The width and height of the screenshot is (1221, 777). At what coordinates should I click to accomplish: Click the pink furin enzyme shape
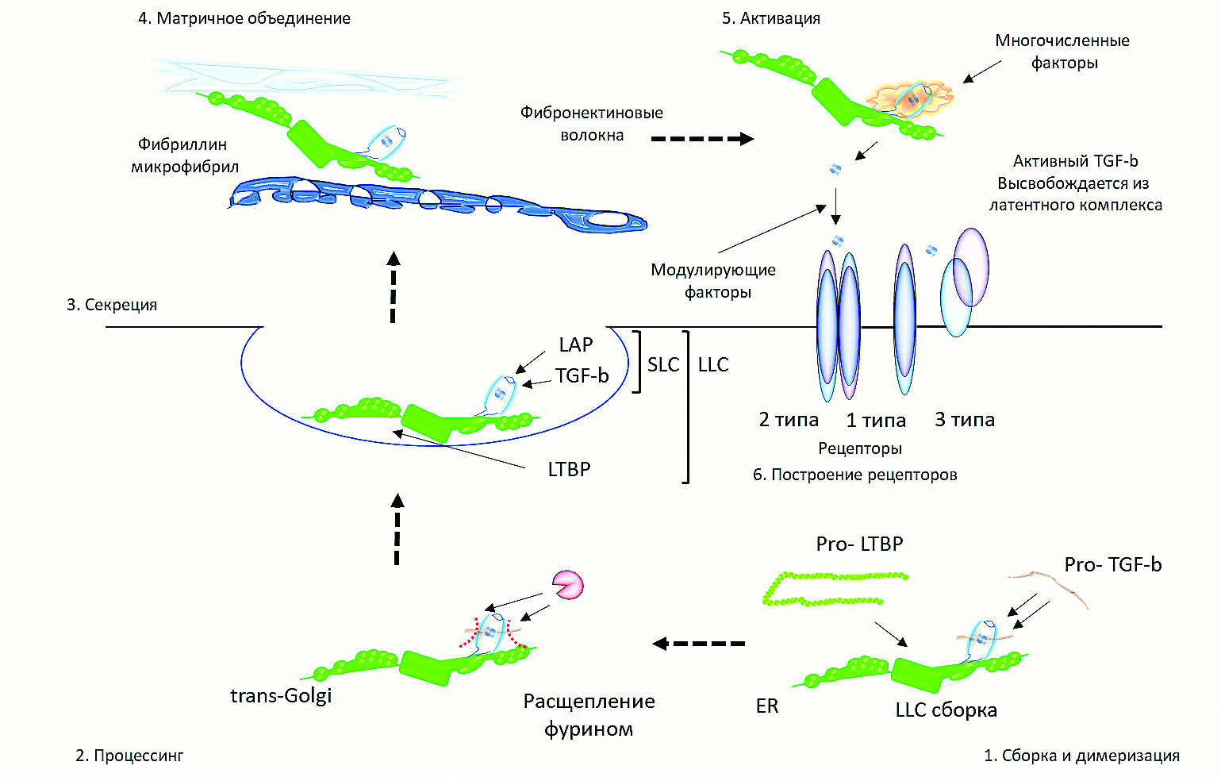(x=568, y=586)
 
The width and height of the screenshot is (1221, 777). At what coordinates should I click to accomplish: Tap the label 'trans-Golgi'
(x=281, y=696)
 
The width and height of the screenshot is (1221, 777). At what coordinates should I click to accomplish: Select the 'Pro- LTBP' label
(x=859, y=544)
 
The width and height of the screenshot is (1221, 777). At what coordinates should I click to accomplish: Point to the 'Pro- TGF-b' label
(x=1112, y=565)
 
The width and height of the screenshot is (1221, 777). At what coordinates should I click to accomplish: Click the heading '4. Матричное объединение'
(x=244, y=18)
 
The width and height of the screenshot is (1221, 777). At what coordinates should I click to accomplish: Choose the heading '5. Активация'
(x=770, y=18)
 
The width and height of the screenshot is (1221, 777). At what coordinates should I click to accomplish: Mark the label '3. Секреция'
(x=112, y=305)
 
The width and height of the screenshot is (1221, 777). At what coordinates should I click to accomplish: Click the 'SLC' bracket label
(x=663, y=365)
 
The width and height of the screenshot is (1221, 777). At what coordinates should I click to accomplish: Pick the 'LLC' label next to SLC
(x=713, y=365)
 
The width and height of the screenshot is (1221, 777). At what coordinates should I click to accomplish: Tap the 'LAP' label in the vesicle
(x=575, y=345)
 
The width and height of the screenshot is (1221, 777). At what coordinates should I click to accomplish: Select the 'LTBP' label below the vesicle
(x=569, y=470)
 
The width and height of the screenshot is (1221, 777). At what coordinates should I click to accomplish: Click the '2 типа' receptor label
(x=789, y=420)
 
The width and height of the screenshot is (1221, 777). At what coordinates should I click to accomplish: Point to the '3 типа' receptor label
(x=965, y=420)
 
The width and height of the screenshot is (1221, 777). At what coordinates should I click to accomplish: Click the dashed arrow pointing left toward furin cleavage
(x=699, y=643)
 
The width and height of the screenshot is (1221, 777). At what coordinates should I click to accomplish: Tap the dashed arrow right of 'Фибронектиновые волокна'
(x=702, y=139)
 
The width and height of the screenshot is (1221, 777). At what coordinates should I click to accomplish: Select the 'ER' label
(x=767, y=706)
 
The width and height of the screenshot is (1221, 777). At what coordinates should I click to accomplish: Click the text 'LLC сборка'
(x=946, y=710)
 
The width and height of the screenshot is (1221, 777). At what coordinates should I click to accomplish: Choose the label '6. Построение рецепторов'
(x=854, y=475)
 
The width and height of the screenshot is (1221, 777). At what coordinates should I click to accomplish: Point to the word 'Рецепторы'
(x=860, y=448)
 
